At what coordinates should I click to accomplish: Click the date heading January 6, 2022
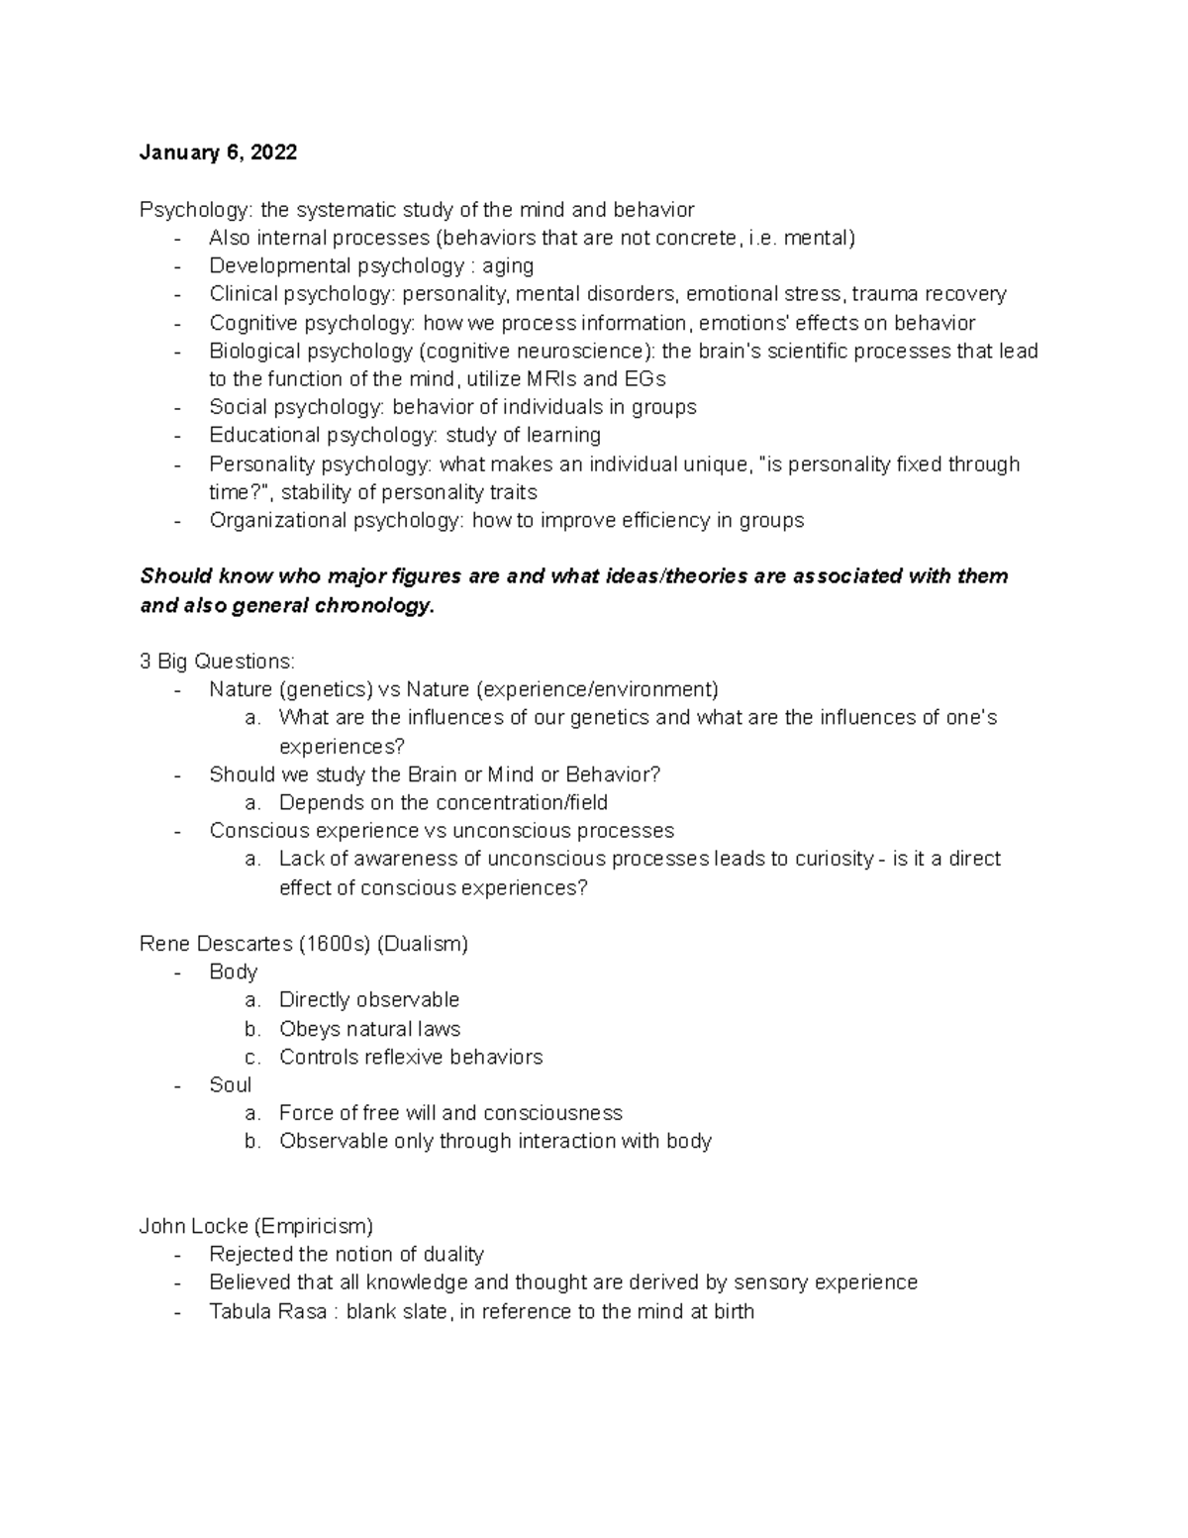pyautogui.click(x=218, y=153)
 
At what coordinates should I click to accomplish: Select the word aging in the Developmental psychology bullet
pyautogui.click(x=508, y=266)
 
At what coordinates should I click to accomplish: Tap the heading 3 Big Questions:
pyautogui.click(x=217, y=662)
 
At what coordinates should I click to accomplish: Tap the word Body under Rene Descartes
pyautogui.click(x=233, y=972)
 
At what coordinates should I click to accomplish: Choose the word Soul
pyautogui.click(x=230, y=1085)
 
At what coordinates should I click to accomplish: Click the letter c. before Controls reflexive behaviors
pyautogui.click(x=252, y=1058)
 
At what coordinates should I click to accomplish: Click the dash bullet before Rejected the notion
pyautogui.click(x=177, y=1255)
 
